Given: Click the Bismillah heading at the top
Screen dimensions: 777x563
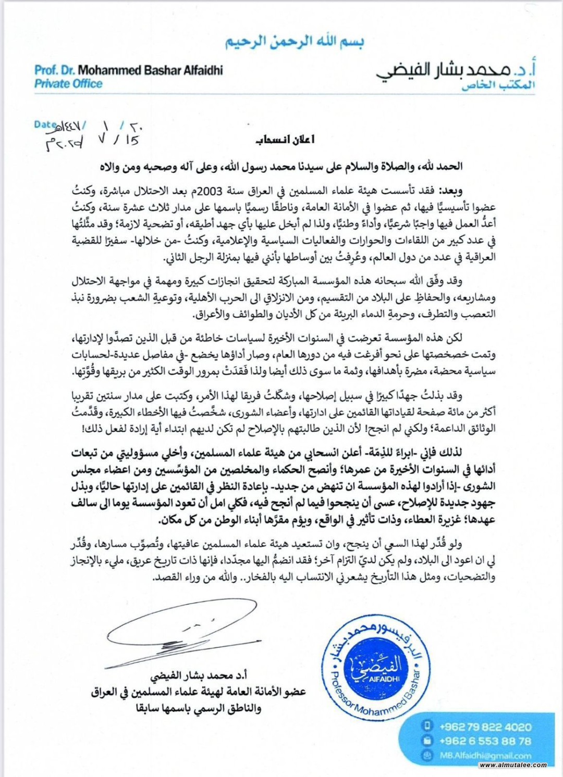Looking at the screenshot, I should [295, 42].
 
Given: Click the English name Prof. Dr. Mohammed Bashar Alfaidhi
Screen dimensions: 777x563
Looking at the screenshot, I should [129, 70].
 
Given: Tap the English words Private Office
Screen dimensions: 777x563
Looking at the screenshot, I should [68, 84].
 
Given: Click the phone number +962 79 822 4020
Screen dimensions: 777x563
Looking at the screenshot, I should [485, 726].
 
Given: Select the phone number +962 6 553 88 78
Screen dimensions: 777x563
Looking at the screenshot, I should [485, 741].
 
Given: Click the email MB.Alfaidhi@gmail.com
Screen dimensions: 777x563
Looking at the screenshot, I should [485, 755].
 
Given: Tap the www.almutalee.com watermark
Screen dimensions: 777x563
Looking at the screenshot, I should [513, 765].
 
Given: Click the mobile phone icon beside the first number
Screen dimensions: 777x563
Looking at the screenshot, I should [427, 726].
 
